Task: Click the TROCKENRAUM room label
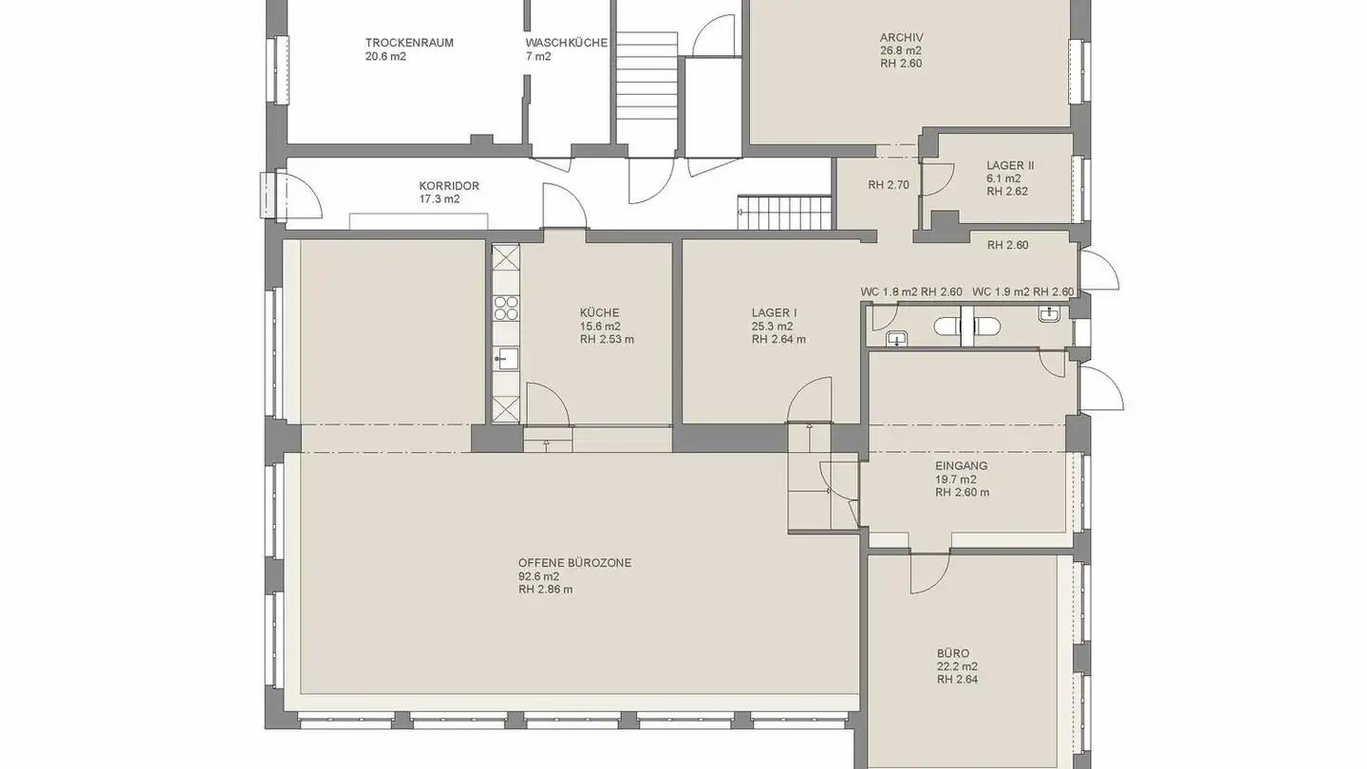click(x=409, y=43)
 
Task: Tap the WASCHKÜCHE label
click(x=567, y=43)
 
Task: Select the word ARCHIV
click(x=902, y=37)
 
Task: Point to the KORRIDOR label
click(x=448, y=185)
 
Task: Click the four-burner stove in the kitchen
click(x=506, y=309)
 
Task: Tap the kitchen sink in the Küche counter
click(x=506, y=358)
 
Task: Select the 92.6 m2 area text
click(x=539, y=576)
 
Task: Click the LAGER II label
click(x=1010, y=165)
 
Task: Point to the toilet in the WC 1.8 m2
click(x=946, y=328)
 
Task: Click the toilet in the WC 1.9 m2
click(x=986, y=328)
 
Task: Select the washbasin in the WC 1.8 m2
click(x=896, y=339)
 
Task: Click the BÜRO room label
click(x=953, y=653)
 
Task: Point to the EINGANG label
click(x=961, y=465)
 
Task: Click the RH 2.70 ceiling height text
click(x=889, y=185)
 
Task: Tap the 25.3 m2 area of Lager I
click(x=772, y=327)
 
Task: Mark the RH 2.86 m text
click(x=546, y=590)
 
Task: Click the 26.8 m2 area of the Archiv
click(x=901, y=50)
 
